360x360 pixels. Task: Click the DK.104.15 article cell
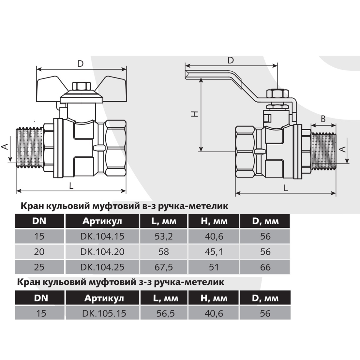tap(102, 236)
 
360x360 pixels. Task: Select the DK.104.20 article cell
tap(102, 252)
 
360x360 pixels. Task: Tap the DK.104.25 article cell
tap(102, 267)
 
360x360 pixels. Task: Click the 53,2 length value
tap(164, 237)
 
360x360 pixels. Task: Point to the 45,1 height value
tap(214, 252)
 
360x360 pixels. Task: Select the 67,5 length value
tap(164, 267)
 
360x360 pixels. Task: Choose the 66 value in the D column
tap(265, 267)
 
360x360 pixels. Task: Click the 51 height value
tap(214, 267)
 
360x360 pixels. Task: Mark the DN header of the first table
tap(39, 221)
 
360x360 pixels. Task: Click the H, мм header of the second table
tap(214, 298)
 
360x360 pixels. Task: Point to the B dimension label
tap(323, 119)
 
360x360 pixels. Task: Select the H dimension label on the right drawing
tap(195, 114)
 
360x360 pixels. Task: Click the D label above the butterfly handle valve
tap(80, 64)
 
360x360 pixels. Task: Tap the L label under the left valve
tap(71, 186)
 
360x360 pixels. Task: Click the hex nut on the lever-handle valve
tap(275, 93)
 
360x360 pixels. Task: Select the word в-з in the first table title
tap(148, 206)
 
